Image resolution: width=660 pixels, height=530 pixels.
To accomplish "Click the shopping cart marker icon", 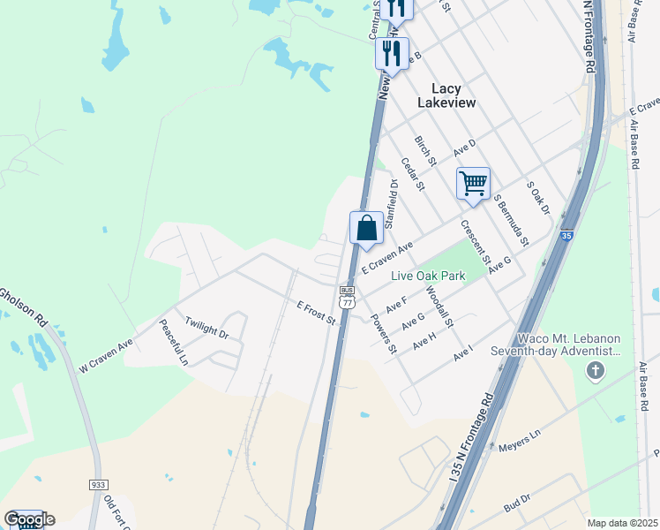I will (473, 185).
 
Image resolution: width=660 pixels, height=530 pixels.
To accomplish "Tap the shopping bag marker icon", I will (366, 229).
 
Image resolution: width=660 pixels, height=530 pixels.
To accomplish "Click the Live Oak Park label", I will (429, 276).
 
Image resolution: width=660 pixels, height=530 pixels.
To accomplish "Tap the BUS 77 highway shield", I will (347, 297).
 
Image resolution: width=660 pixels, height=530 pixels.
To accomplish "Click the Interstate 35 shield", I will (566, 236).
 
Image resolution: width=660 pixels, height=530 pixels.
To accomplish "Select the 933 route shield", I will (98, 485).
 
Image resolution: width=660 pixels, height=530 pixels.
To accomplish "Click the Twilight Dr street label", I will (206, 329).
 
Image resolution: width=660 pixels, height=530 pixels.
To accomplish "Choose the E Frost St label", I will (317, 313).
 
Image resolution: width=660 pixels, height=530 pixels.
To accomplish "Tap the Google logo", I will (28, 519).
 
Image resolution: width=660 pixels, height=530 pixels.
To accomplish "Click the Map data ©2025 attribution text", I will (622, 523).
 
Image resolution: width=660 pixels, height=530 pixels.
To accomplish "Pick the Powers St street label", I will (384, 333).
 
